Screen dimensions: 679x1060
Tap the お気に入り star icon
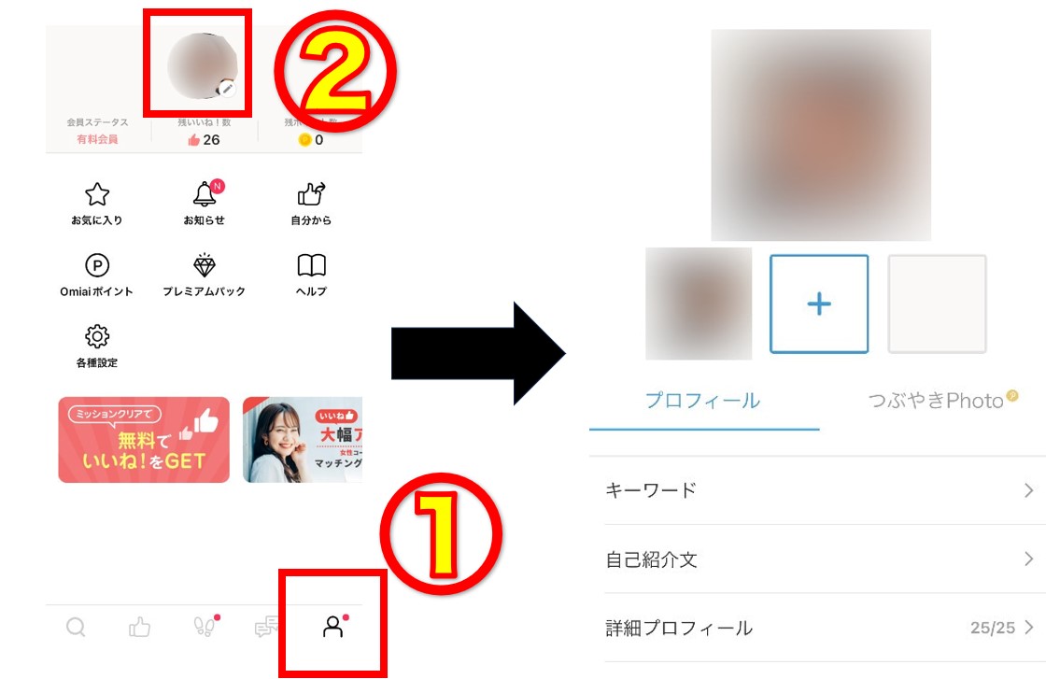click(x=97, y=194)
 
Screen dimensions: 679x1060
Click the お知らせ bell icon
click(x=204, y=194)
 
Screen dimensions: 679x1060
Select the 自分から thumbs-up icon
click(x=311, y=193)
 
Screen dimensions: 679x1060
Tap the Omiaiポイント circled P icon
click(x=97, y=265)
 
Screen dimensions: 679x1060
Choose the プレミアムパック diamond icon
click(x=204, y=265)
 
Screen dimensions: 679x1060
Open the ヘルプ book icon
click(x=311, y=265)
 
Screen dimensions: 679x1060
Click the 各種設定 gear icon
click(x=97, y=336)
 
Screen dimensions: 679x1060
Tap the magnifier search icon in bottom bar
click(x=76, y=628)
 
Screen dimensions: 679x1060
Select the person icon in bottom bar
click(x=332, y=628)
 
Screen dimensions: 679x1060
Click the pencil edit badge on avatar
click(x=227, y=88)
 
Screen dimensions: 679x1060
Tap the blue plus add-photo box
click(x=819, y=304)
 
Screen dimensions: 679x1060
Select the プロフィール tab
click(x=702, y=402)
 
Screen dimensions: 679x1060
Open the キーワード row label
click(x=651, y=490)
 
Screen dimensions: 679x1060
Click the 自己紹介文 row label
click(x=652, y=559)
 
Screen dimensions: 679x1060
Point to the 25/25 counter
click(x=992, y=628)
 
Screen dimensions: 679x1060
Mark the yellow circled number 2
click(x=334, y=78)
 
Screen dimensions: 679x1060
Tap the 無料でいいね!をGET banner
click(x=144, y=440)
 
